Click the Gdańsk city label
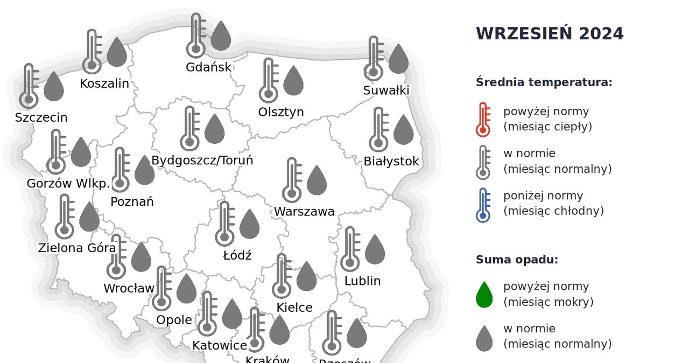[208, 67]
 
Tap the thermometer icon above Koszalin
[92, 51]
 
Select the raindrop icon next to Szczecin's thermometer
[53, 86]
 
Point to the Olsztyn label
[281, 112]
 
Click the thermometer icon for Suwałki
[374, 58]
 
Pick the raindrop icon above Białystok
[403, 130]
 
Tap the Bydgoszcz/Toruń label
[202, 160]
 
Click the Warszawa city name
[304, 212]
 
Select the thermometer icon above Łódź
[224, 224]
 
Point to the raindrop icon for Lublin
[375, 249]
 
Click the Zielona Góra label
[77, 248]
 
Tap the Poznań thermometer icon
[120, 170]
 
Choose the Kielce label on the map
[294, 308]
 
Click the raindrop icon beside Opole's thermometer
[186, 289]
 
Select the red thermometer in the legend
[483, 119]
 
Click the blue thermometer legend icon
[483, 205]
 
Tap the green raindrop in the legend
[484, 295]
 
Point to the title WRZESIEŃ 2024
[550, 34]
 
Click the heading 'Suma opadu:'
[517, 260]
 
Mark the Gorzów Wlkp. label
[68, 184]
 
